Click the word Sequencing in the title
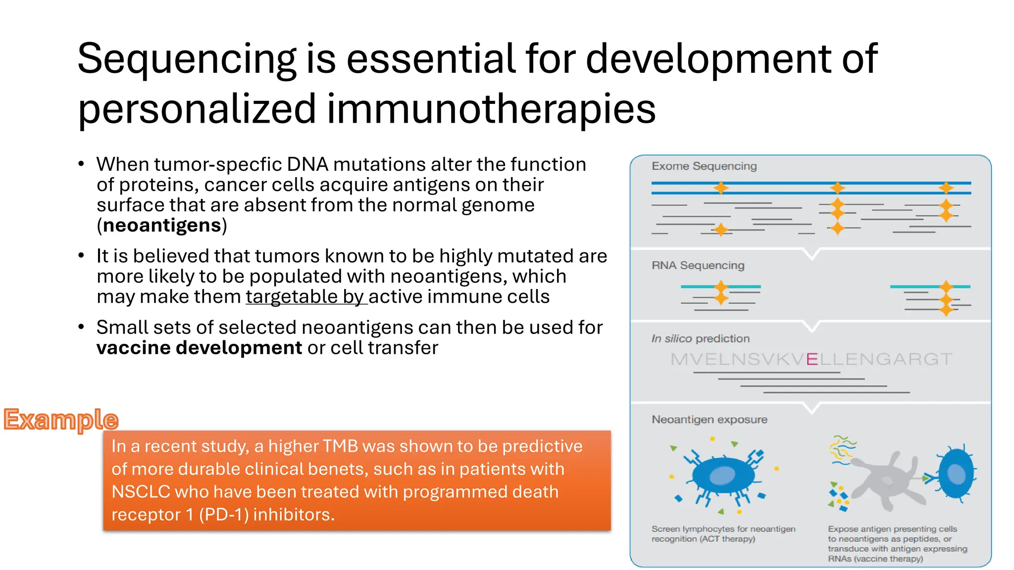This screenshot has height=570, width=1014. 187,59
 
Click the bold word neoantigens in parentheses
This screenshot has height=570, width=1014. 162,225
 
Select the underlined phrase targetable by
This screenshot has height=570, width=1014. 305,297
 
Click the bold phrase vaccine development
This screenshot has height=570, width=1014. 199,348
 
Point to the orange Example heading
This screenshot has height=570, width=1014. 61,420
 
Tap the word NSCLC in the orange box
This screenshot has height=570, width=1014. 141,492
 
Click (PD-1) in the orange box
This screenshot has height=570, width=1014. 224,515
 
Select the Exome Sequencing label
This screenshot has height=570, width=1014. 704,166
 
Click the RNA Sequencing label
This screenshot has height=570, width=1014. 698,266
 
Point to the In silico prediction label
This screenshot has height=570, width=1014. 700,339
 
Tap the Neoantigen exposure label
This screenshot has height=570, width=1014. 709,420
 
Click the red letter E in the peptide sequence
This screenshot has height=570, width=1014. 811,359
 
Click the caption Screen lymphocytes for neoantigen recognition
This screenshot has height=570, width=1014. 723,534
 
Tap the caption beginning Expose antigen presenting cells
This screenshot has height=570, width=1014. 897,543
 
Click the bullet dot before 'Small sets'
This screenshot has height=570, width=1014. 81,328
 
